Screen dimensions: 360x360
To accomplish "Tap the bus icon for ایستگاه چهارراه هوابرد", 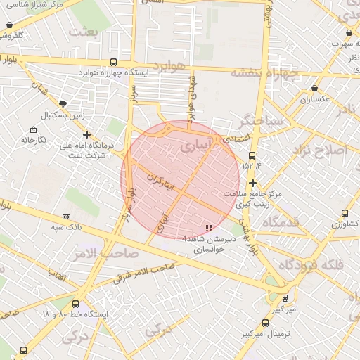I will tap(114, 62).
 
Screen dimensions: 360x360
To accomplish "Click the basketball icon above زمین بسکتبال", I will tap(64, 103).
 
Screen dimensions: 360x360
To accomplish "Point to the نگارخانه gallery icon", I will tap(33, 129).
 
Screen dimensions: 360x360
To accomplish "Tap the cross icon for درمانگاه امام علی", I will tap(86, 134).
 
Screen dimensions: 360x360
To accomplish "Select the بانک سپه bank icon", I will tap(67, 217).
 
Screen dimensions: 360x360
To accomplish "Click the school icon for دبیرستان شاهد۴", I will tap(207, 228).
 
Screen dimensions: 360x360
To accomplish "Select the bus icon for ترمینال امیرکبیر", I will tap(265, 323).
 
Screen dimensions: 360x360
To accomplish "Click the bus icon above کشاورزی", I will tap(344, 213).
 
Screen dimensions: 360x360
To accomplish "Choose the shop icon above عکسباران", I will tap(314, 89).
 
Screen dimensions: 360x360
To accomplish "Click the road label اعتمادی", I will tap(236, 141).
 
